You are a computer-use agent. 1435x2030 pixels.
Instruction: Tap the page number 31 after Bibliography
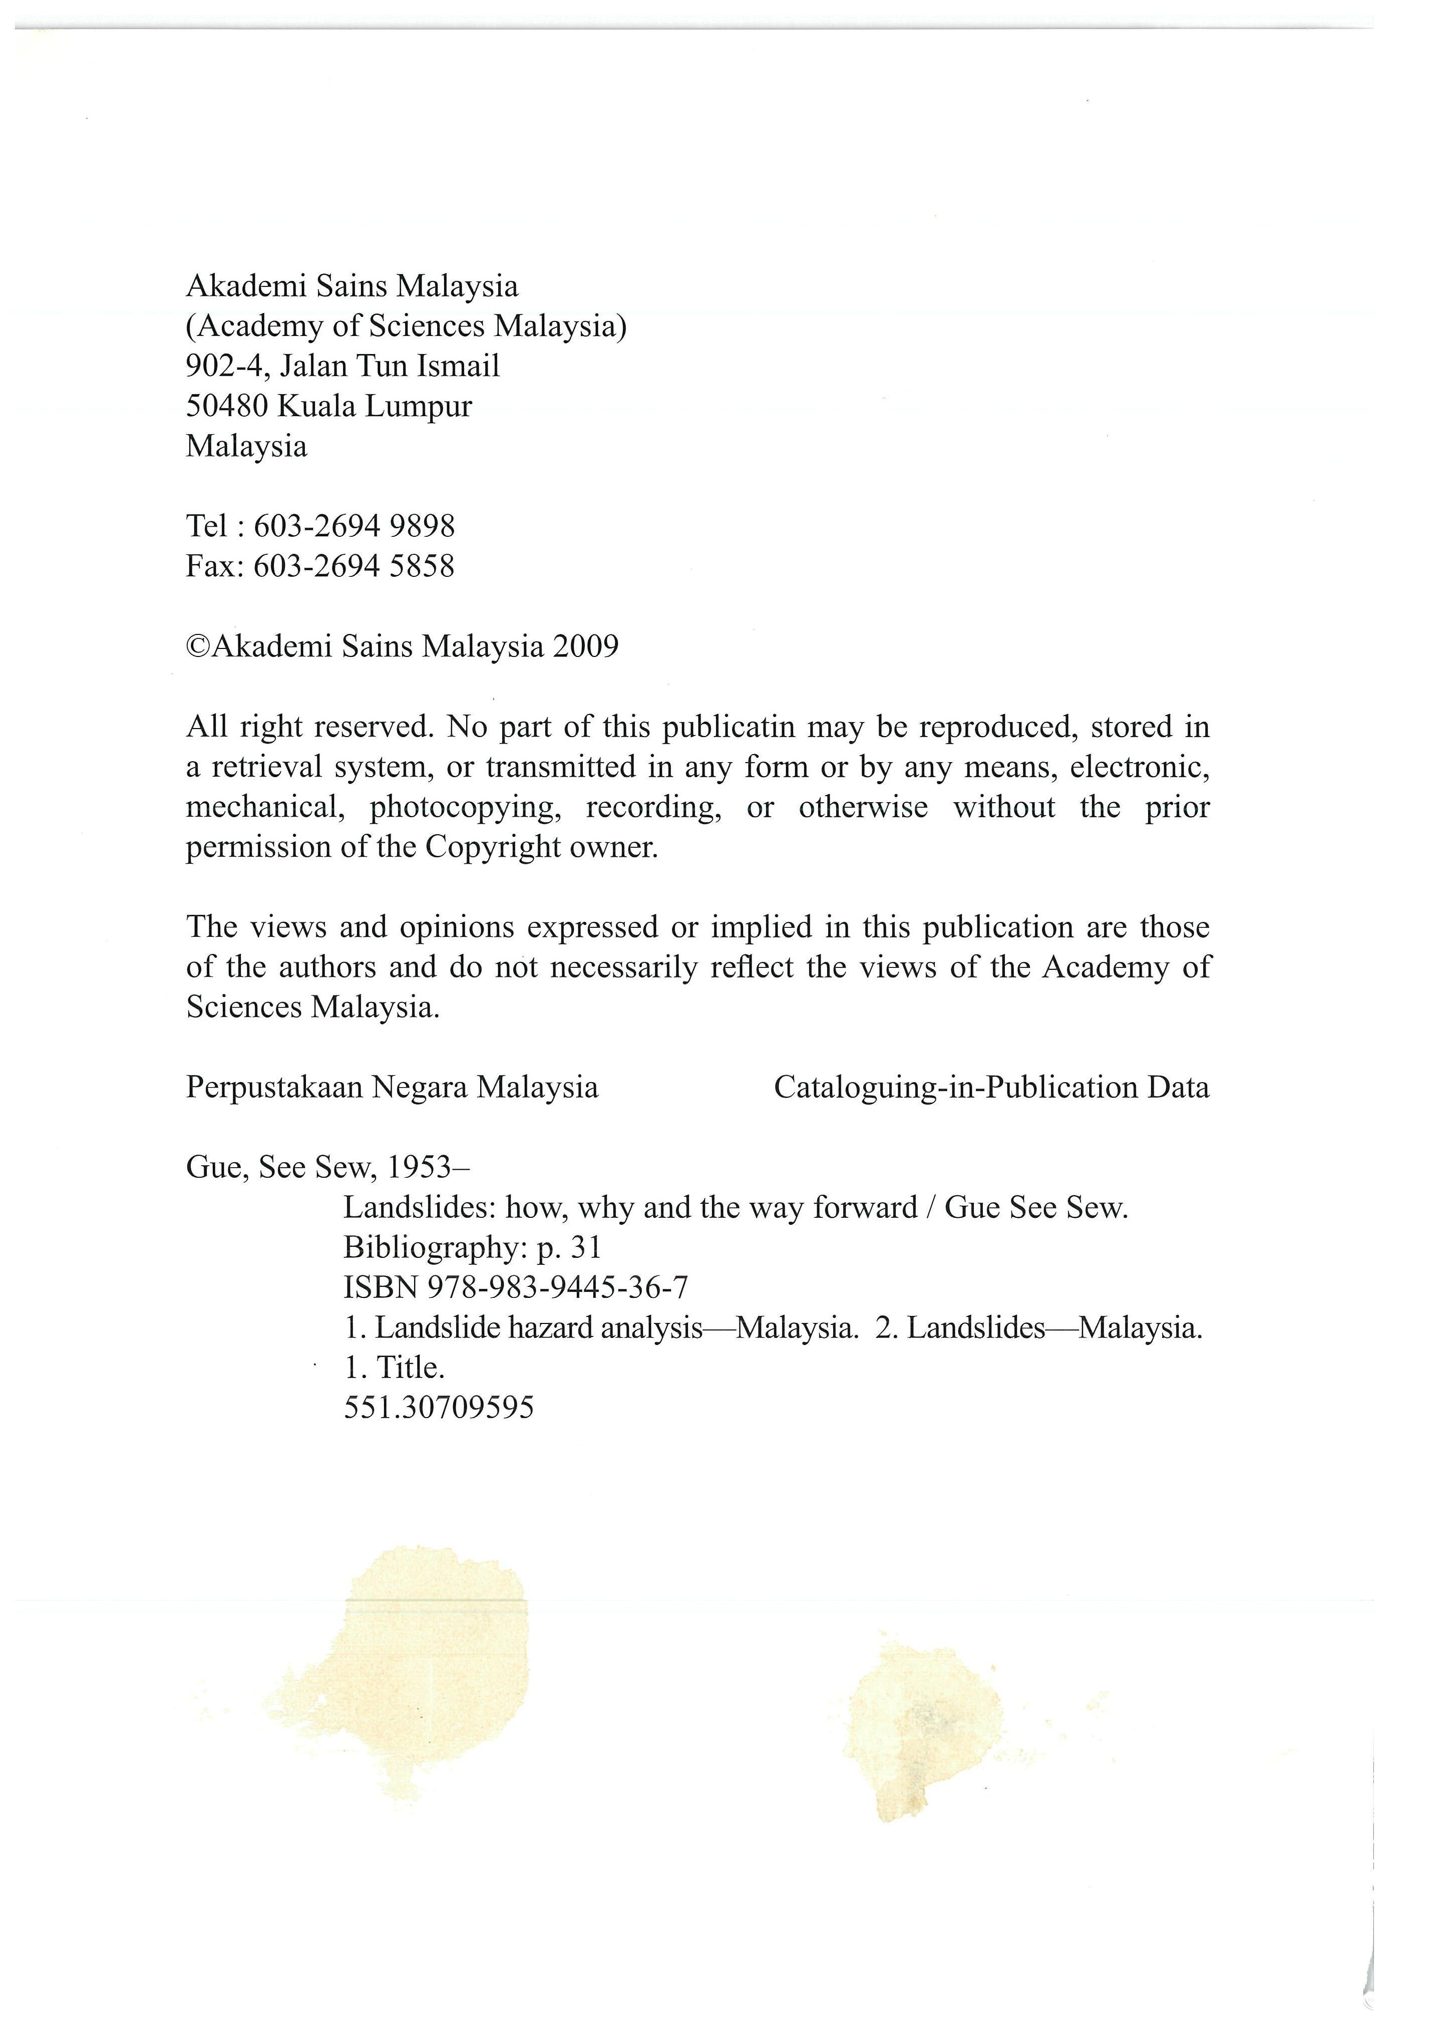(586, 1247)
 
